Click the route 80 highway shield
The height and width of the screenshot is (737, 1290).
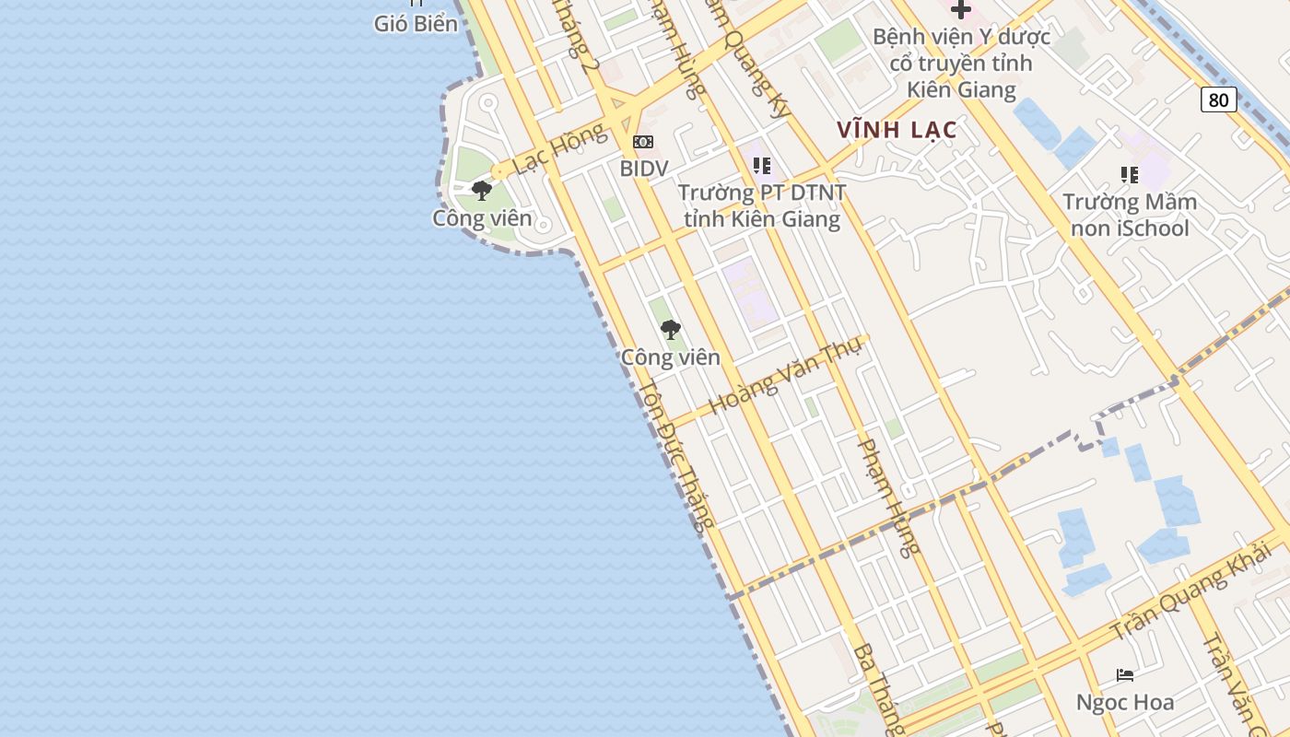pos(1218,99)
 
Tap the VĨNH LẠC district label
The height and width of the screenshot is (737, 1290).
pos(897,130)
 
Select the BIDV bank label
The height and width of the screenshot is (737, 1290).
pos(643,169)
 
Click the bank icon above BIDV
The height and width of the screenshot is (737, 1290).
pos(643,142)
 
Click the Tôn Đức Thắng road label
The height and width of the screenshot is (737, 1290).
pos(676,455)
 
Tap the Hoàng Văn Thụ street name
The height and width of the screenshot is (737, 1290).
pos(785,375)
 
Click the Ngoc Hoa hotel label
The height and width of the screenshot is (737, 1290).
pos(1125,703)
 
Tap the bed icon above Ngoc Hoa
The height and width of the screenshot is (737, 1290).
pos(1125,675)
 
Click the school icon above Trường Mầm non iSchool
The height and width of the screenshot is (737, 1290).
pos(1129,174)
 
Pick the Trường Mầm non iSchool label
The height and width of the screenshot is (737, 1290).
pos(1129,215)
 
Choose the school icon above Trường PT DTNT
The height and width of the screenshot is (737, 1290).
pos(761,166)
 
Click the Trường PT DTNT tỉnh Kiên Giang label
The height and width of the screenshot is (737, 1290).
pos(761,206)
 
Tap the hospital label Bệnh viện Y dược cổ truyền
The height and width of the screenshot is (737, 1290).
pos(961,64)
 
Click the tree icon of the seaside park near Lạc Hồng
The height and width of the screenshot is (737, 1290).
pos(481,191)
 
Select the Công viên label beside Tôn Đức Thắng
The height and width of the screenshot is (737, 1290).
pos(670,357)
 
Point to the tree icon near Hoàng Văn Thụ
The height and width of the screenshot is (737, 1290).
pos(670,329)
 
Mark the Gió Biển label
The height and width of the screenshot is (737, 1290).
pos(416,24)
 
